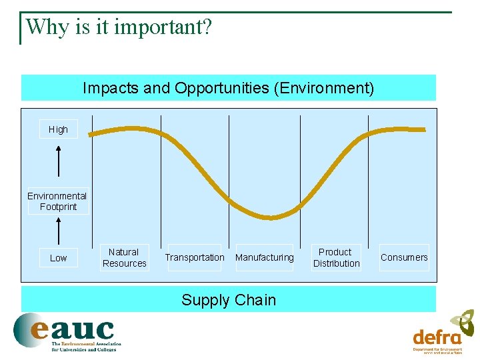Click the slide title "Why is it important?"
[x=118, y=27]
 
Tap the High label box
[x=58, y=129]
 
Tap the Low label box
[x=58, y=258]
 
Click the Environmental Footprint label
[x=57, y=201]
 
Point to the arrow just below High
[x=59, y=160]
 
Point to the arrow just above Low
[x=59, y=230]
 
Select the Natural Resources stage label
[x=124, y=257]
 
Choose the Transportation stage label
[x=195, y=257]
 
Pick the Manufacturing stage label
[x=265, y=257]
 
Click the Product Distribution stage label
[x=336, y=257]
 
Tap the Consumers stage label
[x=404, y=257]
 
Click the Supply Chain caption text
[x=229, y=300]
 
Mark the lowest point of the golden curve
[x=269, y=217]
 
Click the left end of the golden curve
[x=91, y=135]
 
